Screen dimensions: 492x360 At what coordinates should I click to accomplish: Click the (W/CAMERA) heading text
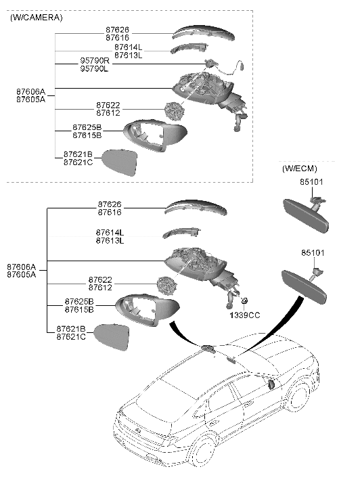(36, 18)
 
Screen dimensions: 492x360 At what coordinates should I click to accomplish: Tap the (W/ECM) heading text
(300, 167)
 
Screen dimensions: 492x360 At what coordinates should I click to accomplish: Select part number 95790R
(94, 61)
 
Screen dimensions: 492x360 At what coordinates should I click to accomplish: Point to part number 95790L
(94, 69)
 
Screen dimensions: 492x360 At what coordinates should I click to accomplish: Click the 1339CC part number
(244, 315)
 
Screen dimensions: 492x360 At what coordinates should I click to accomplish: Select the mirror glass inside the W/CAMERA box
(118, 162)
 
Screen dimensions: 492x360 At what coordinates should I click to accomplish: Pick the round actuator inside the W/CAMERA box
(175, 111)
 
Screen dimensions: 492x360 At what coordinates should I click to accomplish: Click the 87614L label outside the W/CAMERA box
(110, 233)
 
